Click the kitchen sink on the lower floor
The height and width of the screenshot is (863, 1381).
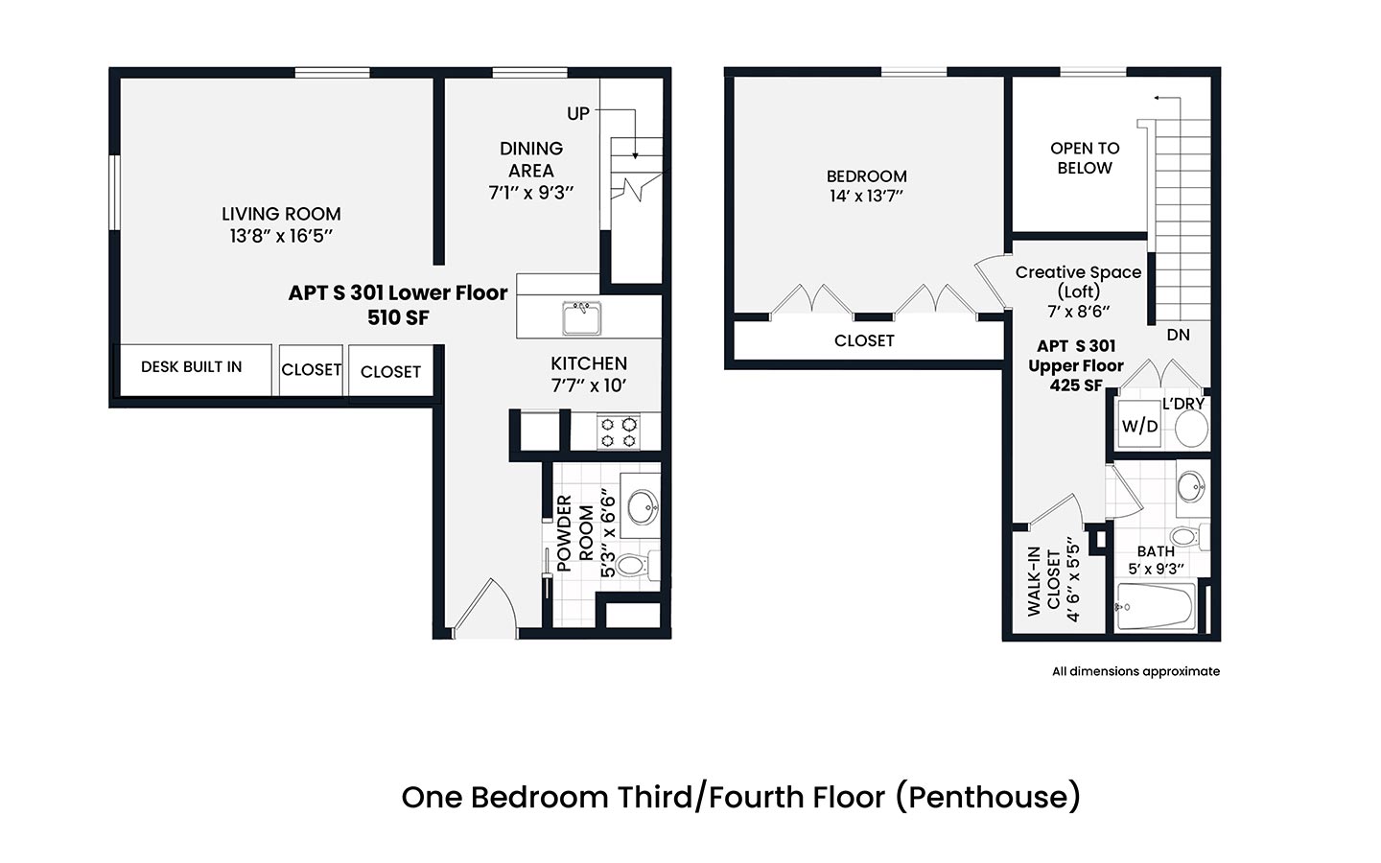click(581, 318)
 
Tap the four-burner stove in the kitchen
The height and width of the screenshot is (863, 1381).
click(619, 432)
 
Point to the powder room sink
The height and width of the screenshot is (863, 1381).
click(643, 506)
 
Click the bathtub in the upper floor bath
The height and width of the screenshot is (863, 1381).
click(1156, 606)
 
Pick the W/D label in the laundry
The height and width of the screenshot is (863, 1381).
click(1139, 426)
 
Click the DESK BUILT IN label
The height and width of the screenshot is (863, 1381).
click(191, 366)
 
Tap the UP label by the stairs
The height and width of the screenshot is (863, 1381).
click(578, 113)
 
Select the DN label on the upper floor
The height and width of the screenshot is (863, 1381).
click(1178, 335)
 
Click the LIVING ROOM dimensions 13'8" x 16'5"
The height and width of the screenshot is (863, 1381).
click(281, 236)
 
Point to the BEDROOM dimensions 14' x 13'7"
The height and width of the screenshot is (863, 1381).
click(866, 196)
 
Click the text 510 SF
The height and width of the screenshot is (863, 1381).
click(398, 317)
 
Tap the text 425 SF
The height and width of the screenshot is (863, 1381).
click(1076, 385)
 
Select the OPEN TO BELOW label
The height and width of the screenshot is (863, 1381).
click(1085, 158)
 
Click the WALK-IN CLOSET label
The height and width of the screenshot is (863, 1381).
click(1043, 582)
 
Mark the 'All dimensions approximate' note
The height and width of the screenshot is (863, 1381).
click(1135, 671)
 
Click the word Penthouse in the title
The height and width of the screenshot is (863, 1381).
click(995, 797)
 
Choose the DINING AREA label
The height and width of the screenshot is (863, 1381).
click(531, 159)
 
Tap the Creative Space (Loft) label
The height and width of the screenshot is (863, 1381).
click(1078, 282)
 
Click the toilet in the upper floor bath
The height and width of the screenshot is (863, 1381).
click(1189, 536)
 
